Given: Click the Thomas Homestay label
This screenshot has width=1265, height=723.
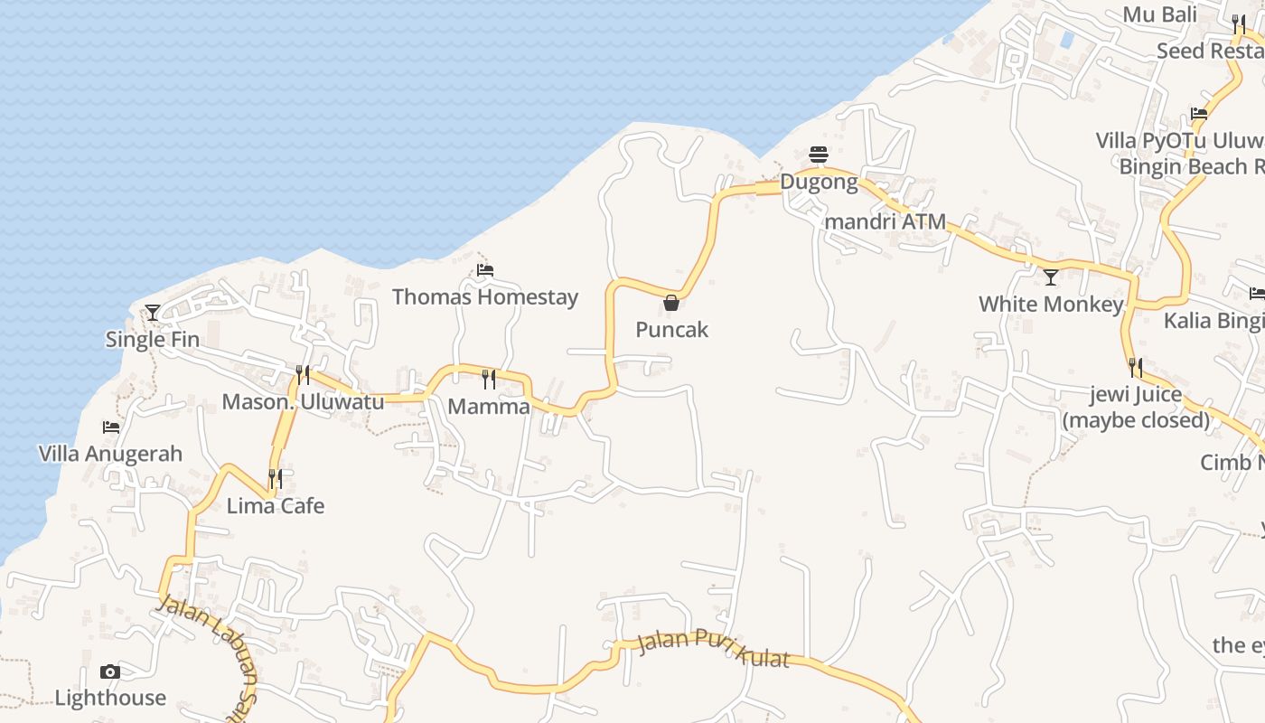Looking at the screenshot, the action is point(484,297).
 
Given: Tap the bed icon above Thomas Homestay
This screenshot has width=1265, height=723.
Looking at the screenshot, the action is point(485,269).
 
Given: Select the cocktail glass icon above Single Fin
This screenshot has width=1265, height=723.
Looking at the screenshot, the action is point(153,312).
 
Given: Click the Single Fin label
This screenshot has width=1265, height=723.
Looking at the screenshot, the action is point(153,340).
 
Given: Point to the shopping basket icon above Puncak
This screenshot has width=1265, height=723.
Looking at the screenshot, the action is point(671,302).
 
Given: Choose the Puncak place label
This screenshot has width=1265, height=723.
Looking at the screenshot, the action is point(671,330).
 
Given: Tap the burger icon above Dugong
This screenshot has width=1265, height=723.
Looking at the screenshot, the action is point(819,155).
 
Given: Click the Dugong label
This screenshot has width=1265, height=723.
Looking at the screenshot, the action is point(819,182).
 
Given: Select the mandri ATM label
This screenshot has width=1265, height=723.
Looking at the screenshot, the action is point(885,221).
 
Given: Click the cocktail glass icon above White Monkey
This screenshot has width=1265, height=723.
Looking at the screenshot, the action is point(1050,277).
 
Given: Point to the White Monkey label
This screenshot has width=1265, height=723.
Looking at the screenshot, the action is point(1050,305).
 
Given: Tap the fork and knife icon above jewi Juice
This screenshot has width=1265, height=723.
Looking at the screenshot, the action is point(1136,367).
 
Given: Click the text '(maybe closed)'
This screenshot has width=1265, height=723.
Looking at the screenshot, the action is point(1136,420).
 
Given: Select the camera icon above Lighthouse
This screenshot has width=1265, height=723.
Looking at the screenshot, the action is point(110,671).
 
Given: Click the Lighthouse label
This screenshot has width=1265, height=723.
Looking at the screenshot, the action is point(110,698).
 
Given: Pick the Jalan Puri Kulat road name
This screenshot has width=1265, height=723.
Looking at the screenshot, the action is point(713,649).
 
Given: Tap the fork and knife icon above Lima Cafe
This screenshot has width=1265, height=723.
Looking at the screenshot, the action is point(276,478).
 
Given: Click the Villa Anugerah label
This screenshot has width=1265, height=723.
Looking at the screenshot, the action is point(110,454).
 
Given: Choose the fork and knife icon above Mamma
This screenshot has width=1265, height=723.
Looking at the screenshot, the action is point(489,379).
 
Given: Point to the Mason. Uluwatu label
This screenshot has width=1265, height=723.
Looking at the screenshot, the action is point(303,402).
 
